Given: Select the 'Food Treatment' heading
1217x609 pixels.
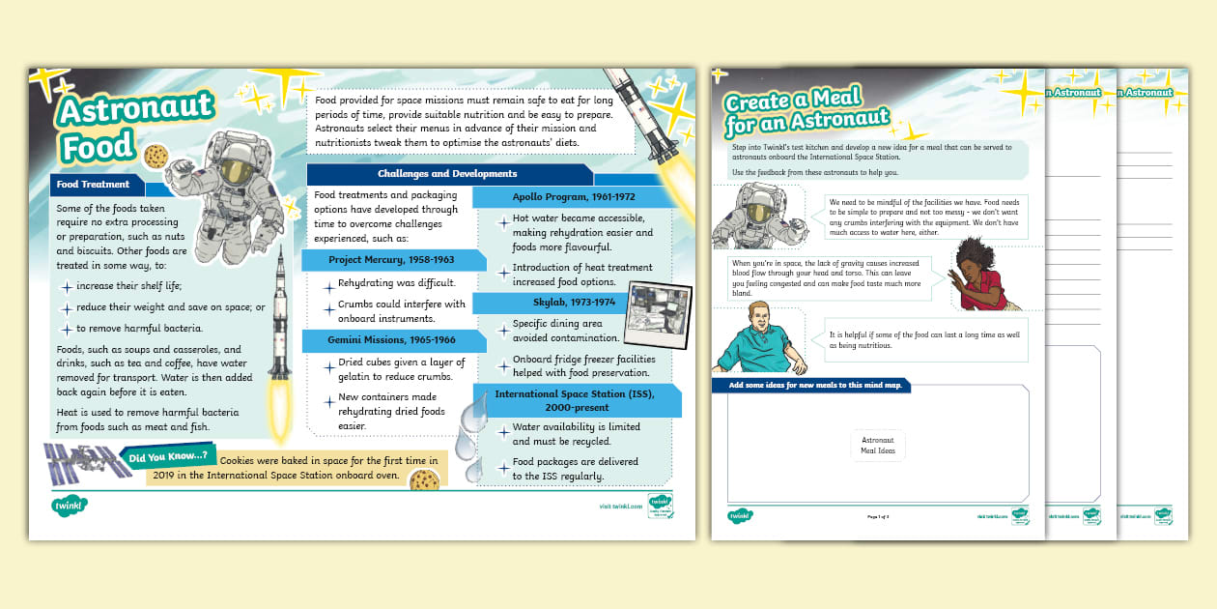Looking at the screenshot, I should [x=94, y=184].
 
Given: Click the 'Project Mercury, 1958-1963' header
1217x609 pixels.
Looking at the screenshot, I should [x=391, y=260].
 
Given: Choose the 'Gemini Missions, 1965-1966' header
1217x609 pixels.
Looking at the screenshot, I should [x=392, y=340].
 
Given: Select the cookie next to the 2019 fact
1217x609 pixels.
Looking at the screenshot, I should [x=424, y=480].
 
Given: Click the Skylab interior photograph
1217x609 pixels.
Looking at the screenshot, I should [x=660, y=310].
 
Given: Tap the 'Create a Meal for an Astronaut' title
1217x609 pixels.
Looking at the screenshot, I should [x=807, y=109].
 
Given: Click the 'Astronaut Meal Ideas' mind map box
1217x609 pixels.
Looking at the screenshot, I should [x=878, y=446].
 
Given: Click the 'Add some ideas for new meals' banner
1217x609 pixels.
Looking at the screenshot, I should [x=810, y=387].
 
